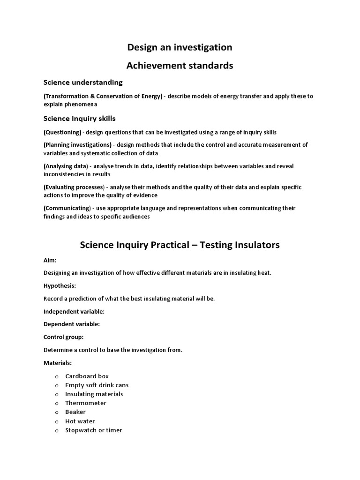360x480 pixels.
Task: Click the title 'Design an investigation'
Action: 180,47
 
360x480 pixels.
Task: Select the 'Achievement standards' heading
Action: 180,66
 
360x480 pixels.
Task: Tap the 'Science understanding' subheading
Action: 83,82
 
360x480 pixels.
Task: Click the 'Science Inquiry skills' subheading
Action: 79,118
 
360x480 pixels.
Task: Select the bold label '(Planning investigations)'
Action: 78,145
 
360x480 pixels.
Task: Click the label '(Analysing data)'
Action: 66,166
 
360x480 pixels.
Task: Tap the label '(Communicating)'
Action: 67,208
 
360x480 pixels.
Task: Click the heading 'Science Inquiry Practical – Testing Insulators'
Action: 180,245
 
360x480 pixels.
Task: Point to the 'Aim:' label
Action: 50,260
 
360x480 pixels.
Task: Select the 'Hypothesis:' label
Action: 60,285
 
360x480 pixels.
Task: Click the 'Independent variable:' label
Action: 74,311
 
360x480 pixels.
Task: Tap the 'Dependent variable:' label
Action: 72,324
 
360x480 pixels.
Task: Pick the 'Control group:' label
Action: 63,337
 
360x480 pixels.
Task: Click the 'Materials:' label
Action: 58,363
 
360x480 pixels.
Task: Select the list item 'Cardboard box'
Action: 87,376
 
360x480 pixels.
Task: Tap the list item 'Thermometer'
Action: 86,403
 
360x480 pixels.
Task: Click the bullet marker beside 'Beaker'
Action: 57,412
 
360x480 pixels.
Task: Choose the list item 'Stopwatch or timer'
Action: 94,430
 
